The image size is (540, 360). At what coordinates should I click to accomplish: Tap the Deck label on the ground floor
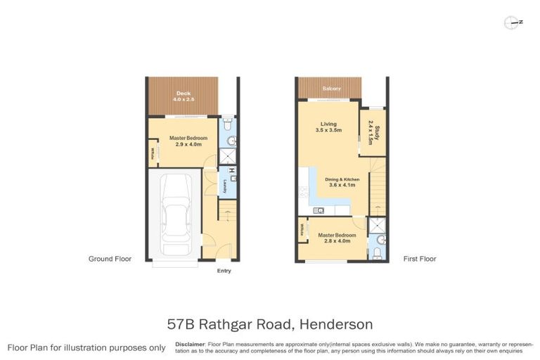tap(184, 94)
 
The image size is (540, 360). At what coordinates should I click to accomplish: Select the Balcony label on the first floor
tap(331, 89)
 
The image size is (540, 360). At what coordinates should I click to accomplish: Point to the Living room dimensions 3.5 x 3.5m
tap(328, 130)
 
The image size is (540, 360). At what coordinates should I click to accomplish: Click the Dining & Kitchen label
tap(342, 179)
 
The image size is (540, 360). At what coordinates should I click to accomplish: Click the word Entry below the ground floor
tap(224, 271)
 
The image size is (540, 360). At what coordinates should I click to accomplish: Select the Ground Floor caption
tap(110, 259)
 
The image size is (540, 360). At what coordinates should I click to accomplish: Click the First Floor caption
tap(420, 259)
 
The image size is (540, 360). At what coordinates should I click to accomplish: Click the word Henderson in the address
tap(336, 324)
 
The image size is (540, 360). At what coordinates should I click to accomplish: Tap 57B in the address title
tap(182, 324)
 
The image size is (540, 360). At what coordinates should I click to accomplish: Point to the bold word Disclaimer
tap(190, 343)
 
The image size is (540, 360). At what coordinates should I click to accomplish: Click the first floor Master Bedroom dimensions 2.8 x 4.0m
tap(333, 240)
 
